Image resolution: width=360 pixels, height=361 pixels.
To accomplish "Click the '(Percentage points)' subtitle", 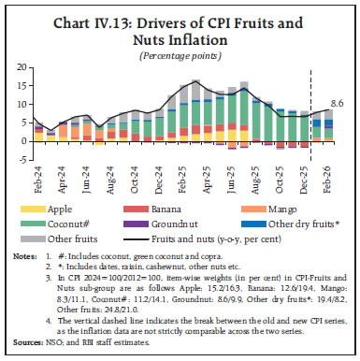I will point(180,55).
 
